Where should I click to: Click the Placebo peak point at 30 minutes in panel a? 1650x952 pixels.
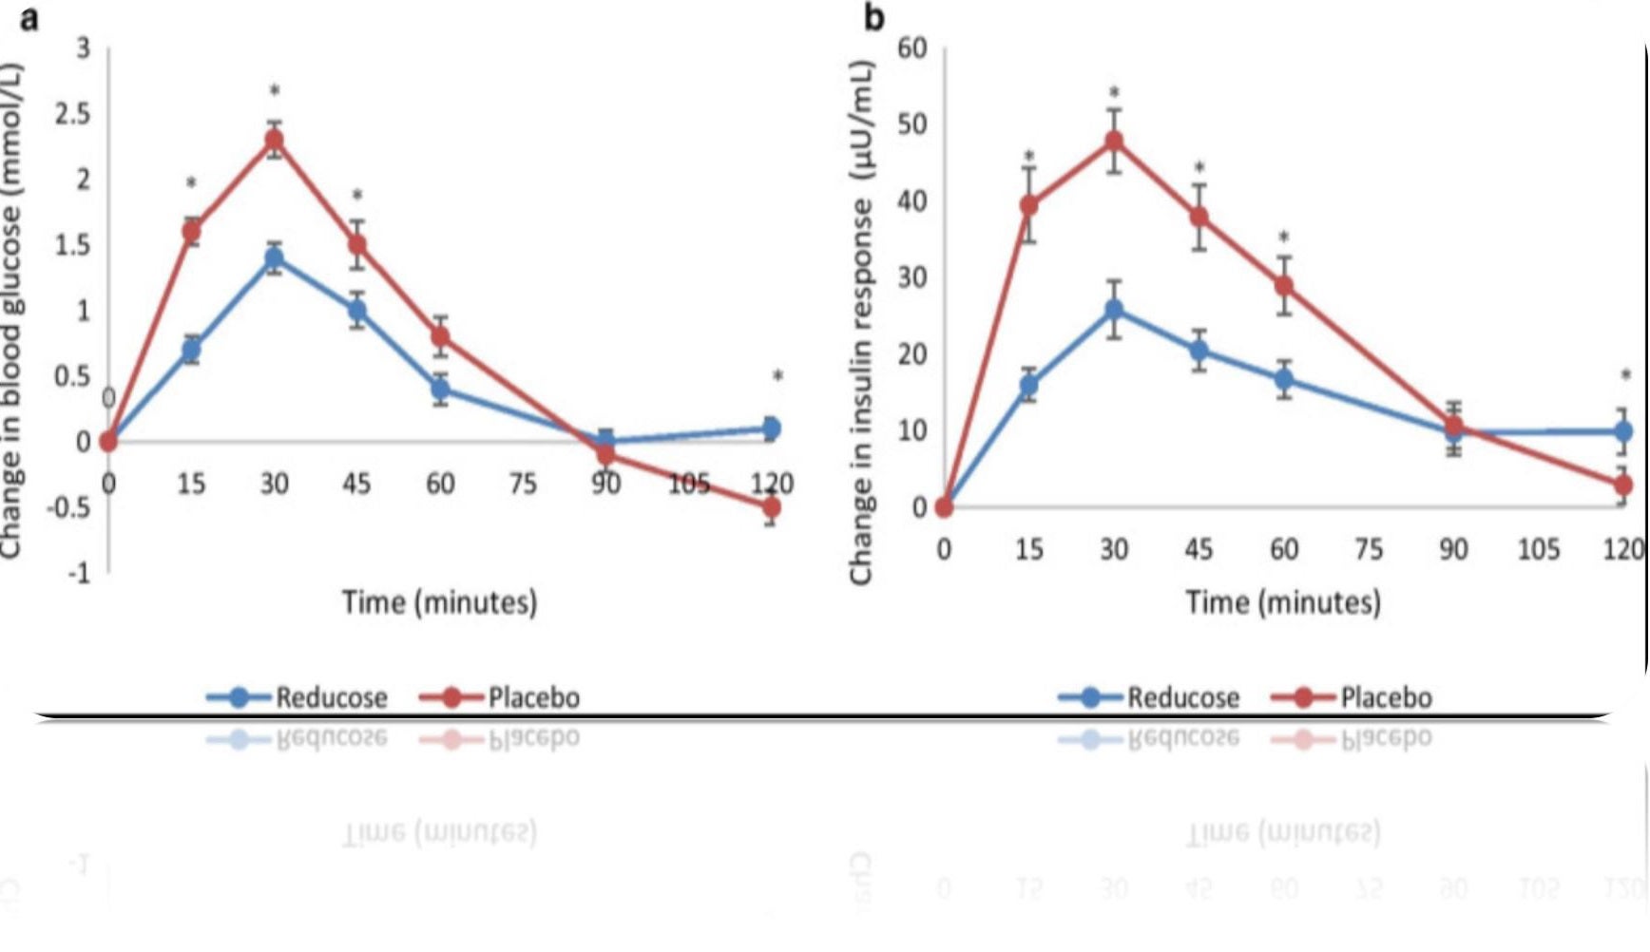(274, 142)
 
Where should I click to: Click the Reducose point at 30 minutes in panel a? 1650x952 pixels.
(274, 257)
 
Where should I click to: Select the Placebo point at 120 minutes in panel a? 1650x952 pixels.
(771, 507)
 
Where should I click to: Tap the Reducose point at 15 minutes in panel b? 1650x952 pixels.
(1028, 386)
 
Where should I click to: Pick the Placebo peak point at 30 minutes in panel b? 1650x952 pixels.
(1114, 142)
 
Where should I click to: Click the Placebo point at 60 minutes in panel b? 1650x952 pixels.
(1284, 285)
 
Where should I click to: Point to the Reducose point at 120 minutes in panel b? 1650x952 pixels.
(1623, 431)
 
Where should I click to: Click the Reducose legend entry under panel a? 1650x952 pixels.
(297, 697)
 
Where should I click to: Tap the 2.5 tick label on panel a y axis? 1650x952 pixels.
(72, 115)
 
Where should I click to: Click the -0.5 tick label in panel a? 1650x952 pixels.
(67, 507)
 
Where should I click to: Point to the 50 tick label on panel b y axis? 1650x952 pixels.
(911, 124)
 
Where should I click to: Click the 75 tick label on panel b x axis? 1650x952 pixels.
(1369, 549)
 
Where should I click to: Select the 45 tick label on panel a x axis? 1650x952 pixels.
(356, 484)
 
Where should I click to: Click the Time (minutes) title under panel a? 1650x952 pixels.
(439, 602)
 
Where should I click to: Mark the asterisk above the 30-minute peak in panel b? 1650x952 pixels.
(1114, 93)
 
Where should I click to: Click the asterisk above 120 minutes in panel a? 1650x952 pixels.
(777, 377)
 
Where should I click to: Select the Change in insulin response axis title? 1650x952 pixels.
(861, 323)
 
